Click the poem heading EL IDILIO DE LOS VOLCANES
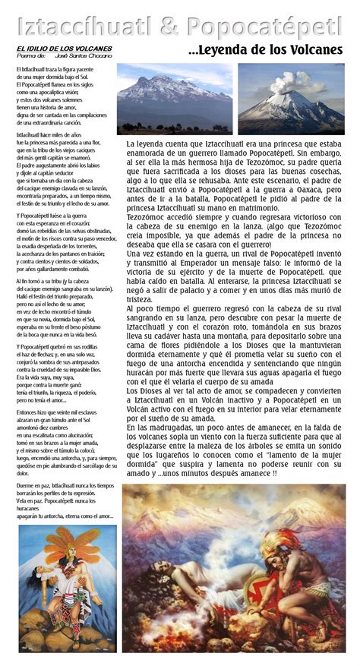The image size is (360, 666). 64,48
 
